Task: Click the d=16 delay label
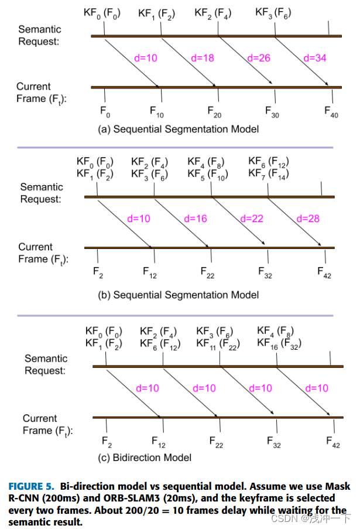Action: (x=196, y=219)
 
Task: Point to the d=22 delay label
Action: (x=252, y=219)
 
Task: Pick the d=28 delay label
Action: (x=308, y=219)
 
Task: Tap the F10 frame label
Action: (x=157, y=111)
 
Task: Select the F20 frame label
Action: (x=215, y=111)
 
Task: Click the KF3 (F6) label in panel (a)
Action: (x=273, y=12)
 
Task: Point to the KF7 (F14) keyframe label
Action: (x=269, y=174)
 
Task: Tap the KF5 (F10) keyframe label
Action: (x=208, y=174)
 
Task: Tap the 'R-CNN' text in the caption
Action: (x=25, y=499)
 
